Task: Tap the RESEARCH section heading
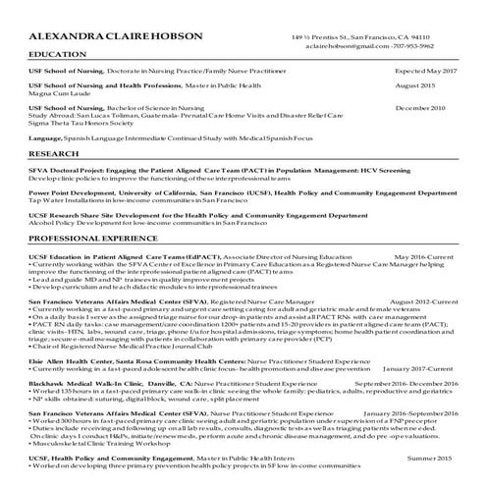tap(53, 154)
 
